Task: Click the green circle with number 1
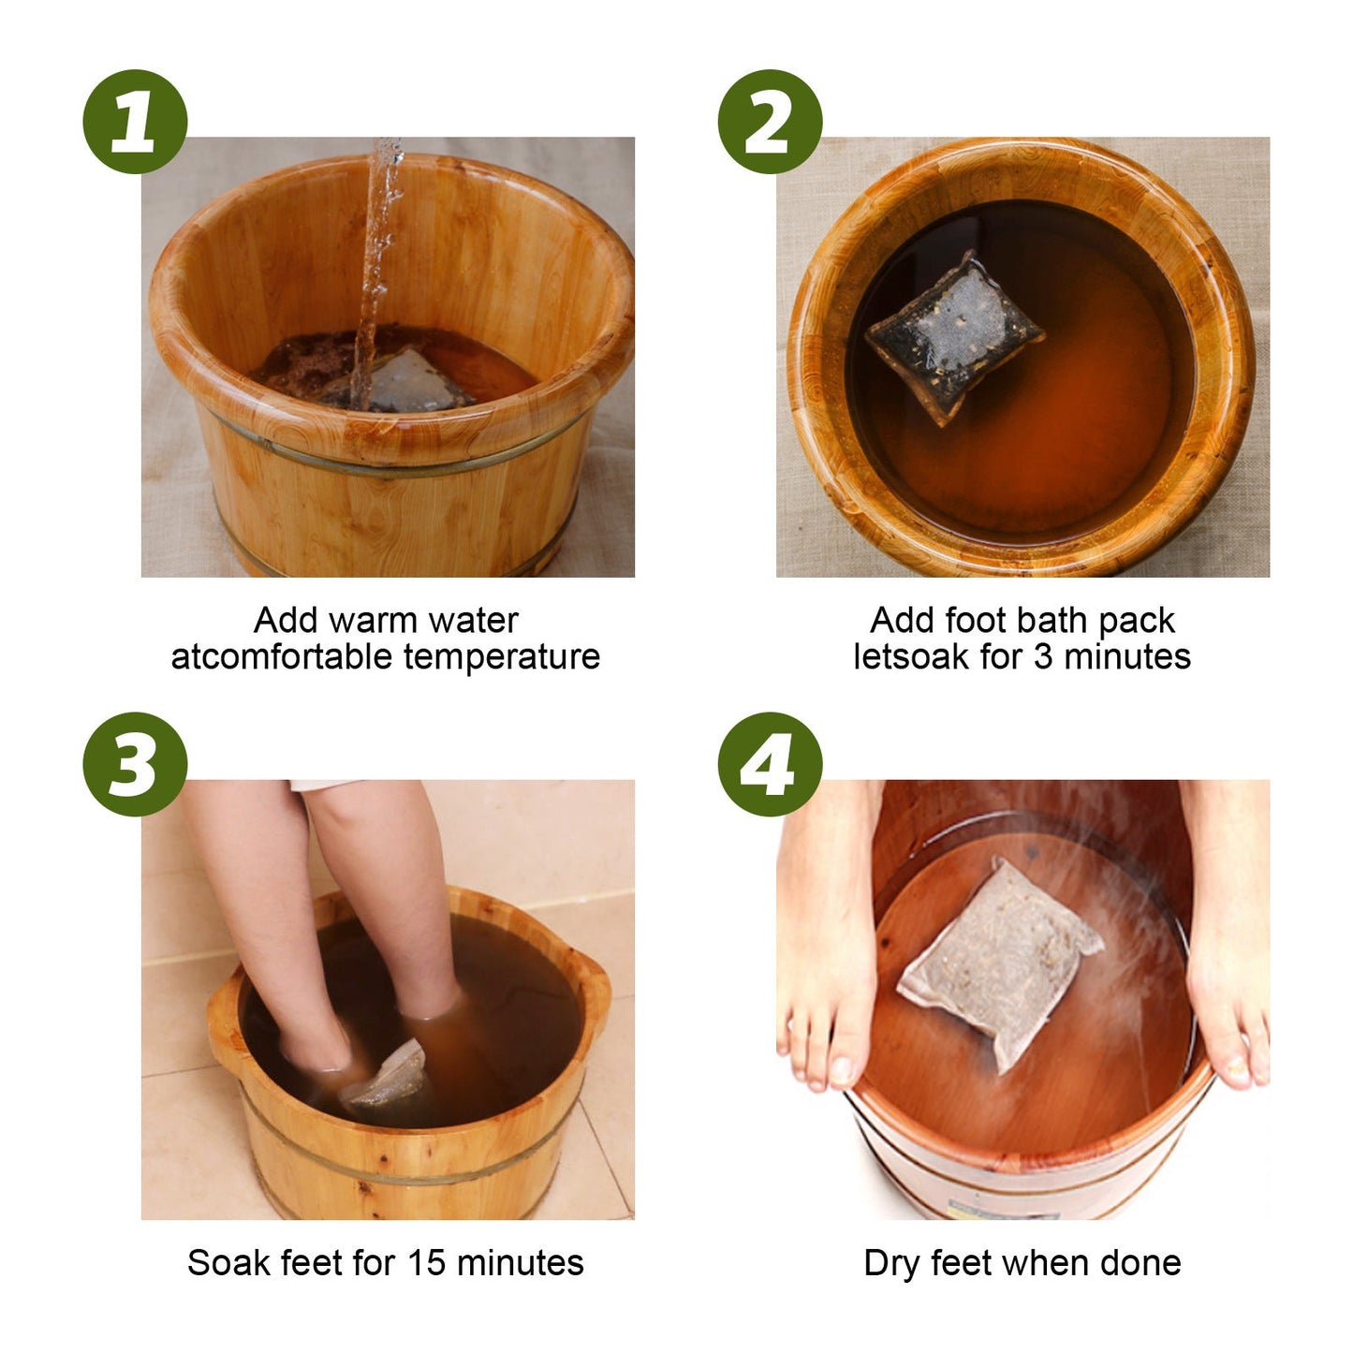pyautogui.click(x=135, y=122)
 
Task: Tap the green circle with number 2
pyautogui.click(x=770, y=122)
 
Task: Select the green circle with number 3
pyautogui.click(x=135, y=764)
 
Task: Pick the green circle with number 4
pyautogui.click(x=770, y=764)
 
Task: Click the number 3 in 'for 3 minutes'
pyautogui.click(x=1042, y=657)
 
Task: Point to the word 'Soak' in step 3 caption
pyautogui.click(x=221, y=1263)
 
